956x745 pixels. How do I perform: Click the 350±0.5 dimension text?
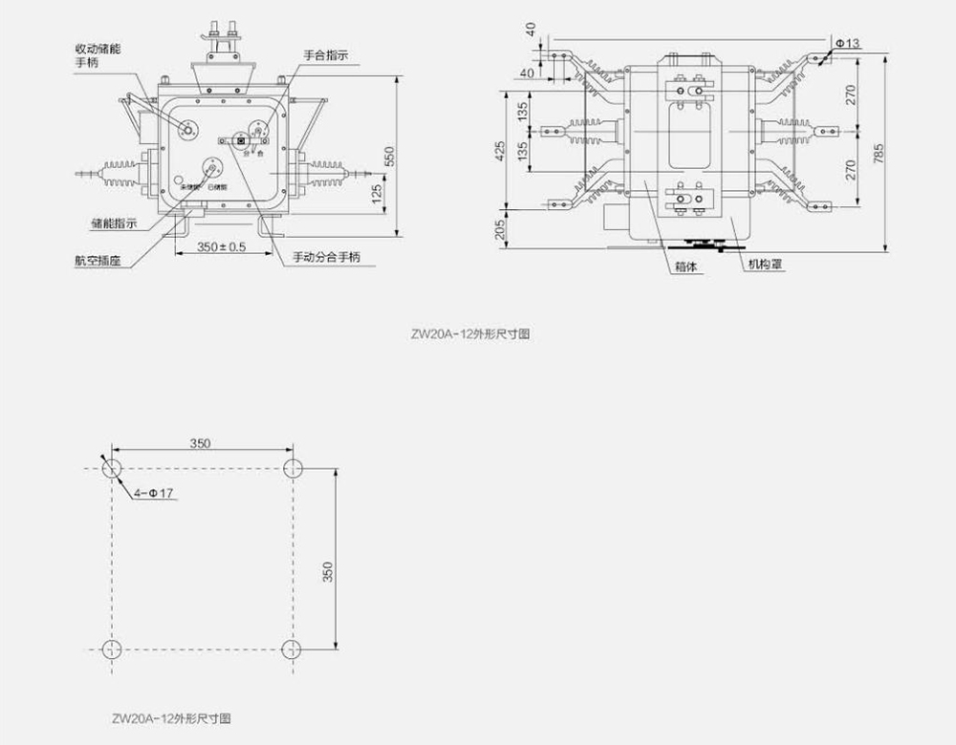[x=221, y=246]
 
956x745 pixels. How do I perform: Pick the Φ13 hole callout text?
[x=847, y=43]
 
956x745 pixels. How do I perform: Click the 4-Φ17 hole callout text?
[x=153, y=493]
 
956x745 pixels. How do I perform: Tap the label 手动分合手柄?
[x=327, y=257]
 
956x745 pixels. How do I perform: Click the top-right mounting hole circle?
[x=293, y=468]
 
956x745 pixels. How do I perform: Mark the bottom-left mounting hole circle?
[x=112, y=649]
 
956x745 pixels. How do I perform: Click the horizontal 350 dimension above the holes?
[x=199, y=442]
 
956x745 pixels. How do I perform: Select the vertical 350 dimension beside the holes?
[x=328, y=571]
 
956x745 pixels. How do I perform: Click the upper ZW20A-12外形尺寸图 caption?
[x=469, y=335]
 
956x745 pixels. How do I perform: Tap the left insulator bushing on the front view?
[x=122, y=174]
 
